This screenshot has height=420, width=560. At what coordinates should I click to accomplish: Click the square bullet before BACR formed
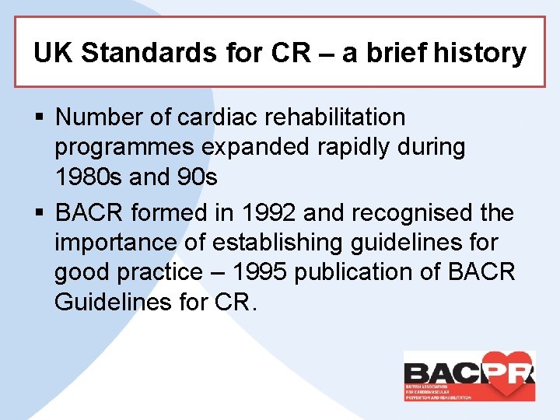(x=40, y=212)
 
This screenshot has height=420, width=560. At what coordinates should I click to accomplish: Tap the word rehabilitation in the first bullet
(x=335, y=117)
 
